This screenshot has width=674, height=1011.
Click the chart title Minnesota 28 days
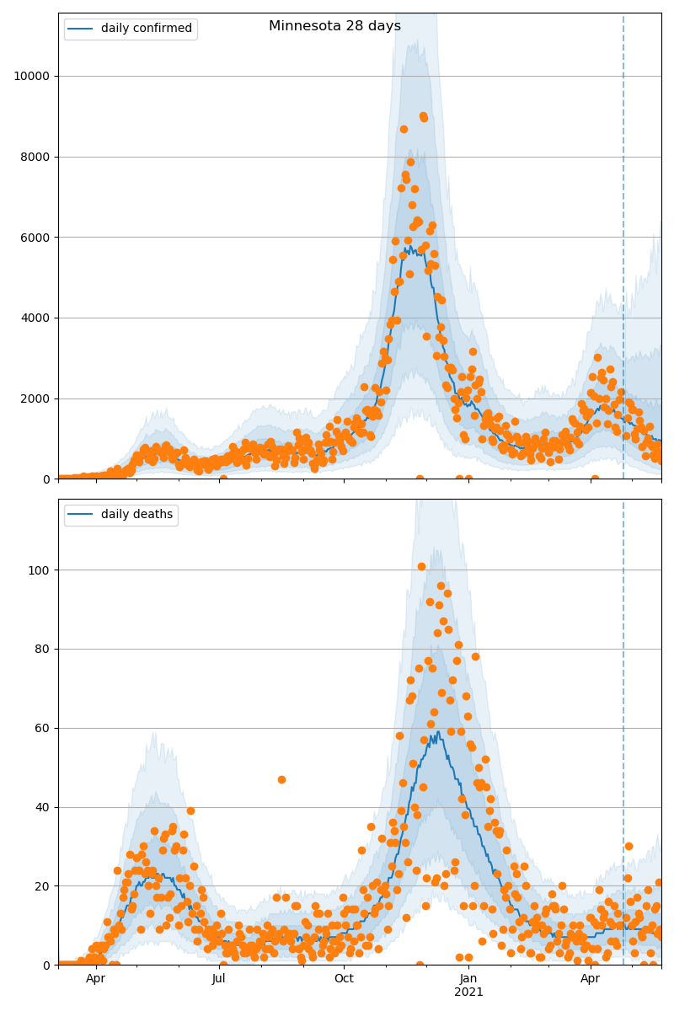pos(334,26)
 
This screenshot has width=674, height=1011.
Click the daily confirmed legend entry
pos(146,29)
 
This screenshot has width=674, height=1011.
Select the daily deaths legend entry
pos(136,515)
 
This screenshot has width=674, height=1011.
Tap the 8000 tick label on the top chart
pos(35,157)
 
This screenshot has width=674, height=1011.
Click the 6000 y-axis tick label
pos(35,238)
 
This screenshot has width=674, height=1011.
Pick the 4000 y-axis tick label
pos(35,318)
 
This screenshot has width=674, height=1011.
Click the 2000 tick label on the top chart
pos(35,399)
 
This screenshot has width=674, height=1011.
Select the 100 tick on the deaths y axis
pos(40,570)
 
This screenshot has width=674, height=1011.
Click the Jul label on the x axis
pos(219,979)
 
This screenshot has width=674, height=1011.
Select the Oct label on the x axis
pos(344,979)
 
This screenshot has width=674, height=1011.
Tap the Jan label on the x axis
pos(468,979)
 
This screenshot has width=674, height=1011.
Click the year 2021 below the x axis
pos(468,992)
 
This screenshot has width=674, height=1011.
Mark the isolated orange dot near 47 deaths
pos(281,779)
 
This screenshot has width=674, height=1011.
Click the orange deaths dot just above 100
pos(421,566)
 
